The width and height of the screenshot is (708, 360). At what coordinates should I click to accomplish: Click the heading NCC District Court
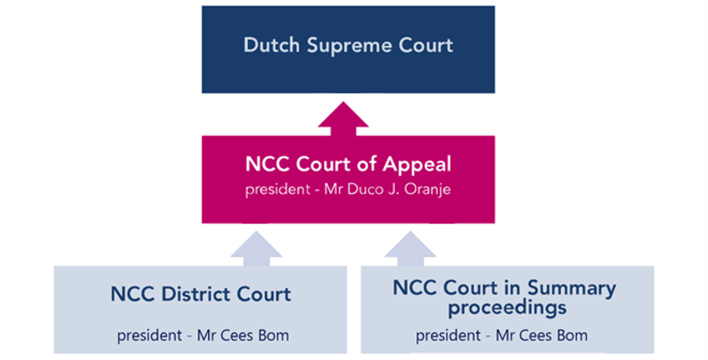coord(201,295)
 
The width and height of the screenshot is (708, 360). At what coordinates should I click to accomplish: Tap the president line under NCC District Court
coord(201,335)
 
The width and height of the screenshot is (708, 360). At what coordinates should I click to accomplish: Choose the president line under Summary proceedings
coord(503,335)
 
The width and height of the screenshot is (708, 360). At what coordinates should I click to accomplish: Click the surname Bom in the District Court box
coord(271,335)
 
